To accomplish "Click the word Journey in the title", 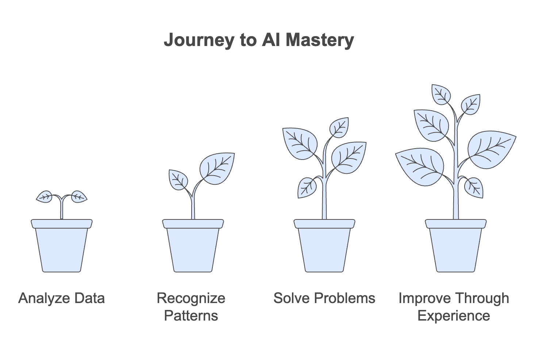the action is [x=199, y=41].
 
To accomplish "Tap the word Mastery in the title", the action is [x=320, y=41].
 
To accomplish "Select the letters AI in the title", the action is [x=271, y=39].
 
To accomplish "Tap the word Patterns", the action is [x=191, y=315].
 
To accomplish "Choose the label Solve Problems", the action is [x=324, y=298].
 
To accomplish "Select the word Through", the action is [x=482, y=299].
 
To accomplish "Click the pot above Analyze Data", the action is [x=62, y=246].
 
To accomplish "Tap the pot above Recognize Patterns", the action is [x=193, y=246].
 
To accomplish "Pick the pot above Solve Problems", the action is [x=324, y=246].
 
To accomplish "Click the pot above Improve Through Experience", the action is [x=456, y=246].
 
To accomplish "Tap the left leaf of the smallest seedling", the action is [x=45, y=197].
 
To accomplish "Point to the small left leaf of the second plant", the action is [x=178, y=180].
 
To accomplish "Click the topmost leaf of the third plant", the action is [x=339, y=127].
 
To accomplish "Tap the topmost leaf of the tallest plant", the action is [x=441, y=94].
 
